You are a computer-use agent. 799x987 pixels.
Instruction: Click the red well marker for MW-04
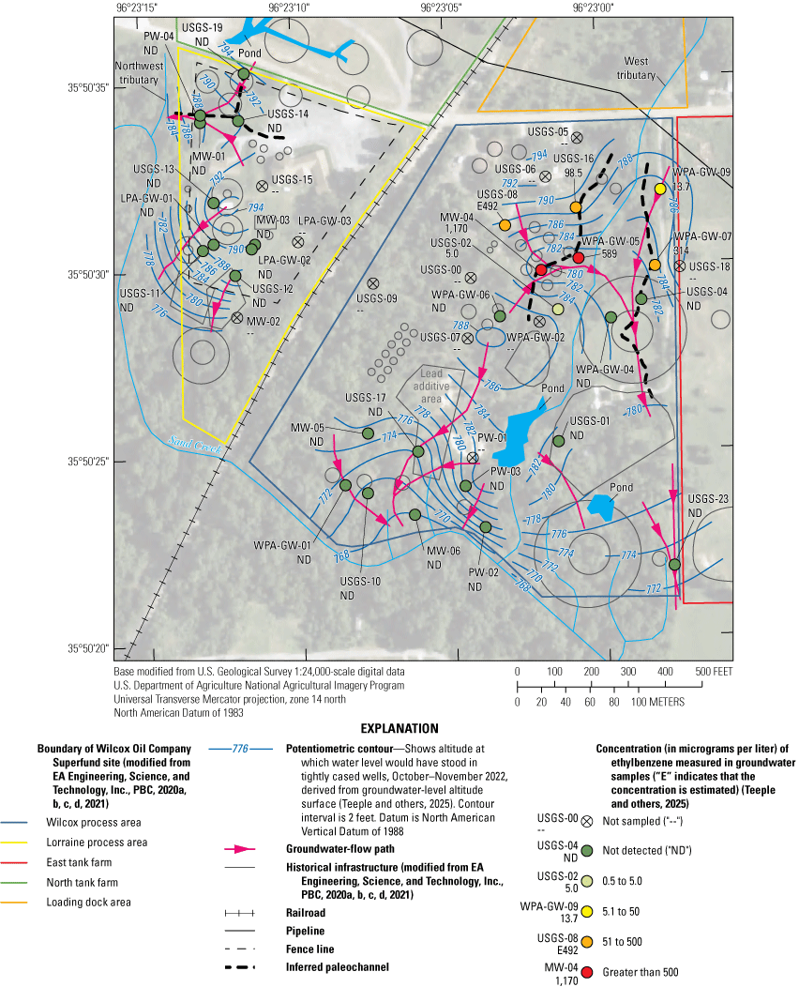tap(540, 270)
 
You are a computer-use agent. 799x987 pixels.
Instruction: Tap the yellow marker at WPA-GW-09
tap(660, 189)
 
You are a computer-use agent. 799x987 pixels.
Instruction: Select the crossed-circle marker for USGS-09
tap(372, 282)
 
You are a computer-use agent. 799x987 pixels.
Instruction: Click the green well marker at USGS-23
tap(674, 564)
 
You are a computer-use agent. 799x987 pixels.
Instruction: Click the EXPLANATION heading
tap(400, 728)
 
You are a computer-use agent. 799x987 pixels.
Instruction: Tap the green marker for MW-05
tap(368, 433)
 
